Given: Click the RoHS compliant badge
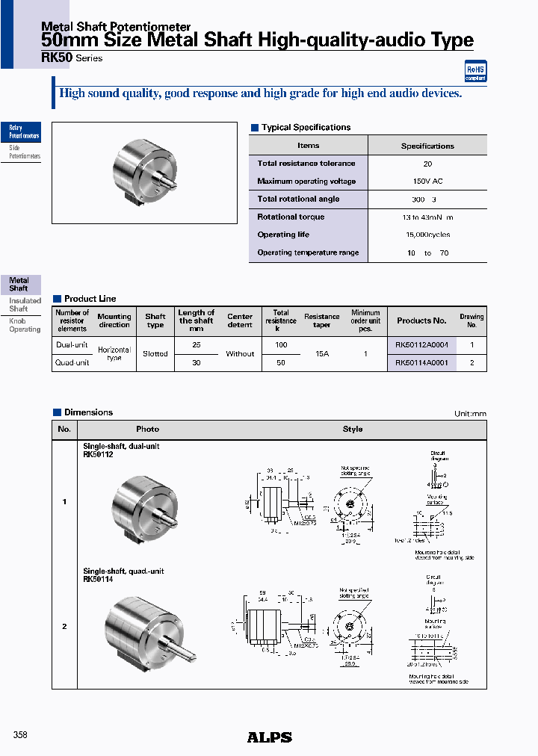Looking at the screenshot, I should coord(475,71).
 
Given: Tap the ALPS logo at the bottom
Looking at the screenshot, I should coord(269,737).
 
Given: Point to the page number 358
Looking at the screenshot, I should coord(20,736).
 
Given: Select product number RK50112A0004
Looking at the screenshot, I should coord(421,345).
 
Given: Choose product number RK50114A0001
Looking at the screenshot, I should coord(421,362).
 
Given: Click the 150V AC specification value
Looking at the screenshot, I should coord(427,182).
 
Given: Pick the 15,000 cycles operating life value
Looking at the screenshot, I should coord(427,235).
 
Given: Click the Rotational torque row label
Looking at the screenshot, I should coord(291,217).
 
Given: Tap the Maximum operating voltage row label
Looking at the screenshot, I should coord(306,182).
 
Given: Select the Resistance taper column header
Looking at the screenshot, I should coord(322,320).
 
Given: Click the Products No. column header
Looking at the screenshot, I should coord(421,320).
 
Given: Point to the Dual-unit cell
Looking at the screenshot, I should coord(72,345).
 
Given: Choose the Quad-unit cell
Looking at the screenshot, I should coord(72,362).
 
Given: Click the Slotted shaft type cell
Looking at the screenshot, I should coord(155,353).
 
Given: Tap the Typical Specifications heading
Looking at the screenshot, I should coord(306,128).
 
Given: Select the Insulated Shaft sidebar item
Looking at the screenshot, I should coord(25,305).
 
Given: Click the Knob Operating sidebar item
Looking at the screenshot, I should coord(25,325).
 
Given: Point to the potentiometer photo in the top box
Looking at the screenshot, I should coord(144,168).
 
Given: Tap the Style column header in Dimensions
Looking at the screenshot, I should coord(353,430).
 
